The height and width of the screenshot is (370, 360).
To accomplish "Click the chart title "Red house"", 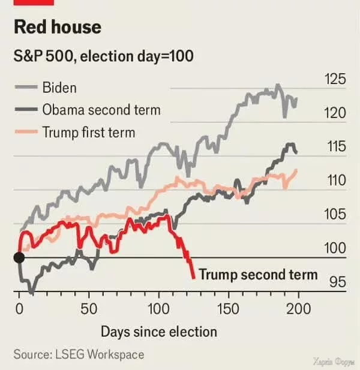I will pyautogui.click(x=58, y=28).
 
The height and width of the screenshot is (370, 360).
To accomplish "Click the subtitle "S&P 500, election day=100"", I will pyautogui.click(x=103, y=57).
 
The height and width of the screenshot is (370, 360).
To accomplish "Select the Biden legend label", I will pyautogui.click(x=59, y=88).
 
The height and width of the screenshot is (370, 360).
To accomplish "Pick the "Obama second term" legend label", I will pyautogui.click(x=101, y=110).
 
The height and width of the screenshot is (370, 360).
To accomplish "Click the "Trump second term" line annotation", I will pyautogui.click(x=257, y=275).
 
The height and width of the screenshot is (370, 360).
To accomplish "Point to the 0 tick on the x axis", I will pyautogui.click(x=19, y=309).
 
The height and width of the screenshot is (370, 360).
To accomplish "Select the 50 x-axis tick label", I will pyautogui.click(x=89, y=309).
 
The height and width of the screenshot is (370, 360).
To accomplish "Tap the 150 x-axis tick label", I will pyautogui.click(x=228, y=309).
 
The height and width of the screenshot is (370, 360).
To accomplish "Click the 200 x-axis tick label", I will pyautogui.click(x=298, y=309).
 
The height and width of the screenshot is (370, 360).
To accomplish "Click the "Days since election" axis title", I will pyautogui.click(x=159, y=332).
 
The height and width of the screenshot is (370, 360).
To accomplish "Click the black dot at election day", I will pyautogui.click(x=19, y=257).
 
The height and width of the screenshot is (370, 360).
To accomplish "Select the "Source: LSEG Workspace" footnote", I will pyautogui.click(x=79, y=354).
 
